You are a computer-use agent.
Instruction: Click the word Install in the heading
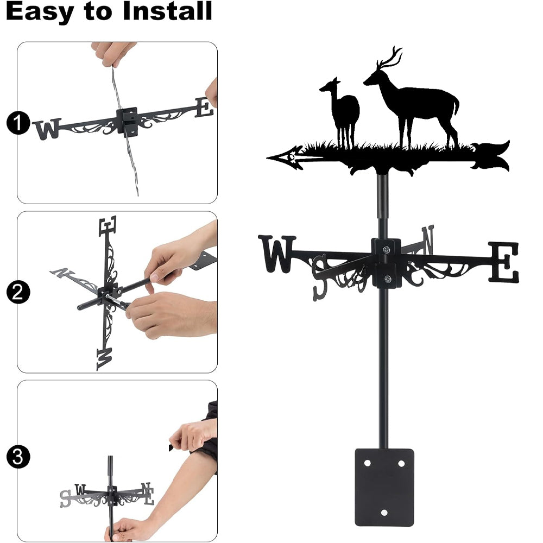[x=167, y=11]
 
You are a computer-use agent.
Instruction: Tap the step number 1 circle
[x=18, y=123]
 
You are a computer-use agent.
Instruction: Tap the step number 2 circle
[x=18, y=292]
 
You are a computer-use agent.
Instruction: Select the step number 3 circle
[x=18, y=457]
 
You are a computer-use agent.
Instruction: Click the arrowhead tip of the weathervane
[x=267, y=158]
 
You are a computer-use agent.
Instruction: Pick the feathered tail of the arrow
[x=490, y=156]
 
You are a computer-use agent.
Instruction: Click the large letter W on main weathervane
[x=277, y=254]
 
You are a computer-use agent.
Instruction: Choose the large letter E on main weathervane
[x=504, y=262]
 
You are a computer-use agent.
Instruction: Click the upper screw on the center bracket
[x=386, y=249]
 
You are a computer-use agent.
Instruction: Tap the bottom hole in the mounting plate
[x=384, y=513]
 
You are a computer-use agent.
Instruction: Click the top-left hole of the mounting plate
[x=368, y=463]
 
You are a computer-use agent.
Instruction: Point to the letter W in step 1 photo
[x=47, y=129]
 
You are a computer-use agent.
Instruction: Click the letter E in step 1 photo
[x=204, y=108]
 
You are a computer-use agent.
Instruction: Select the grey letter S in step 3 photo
[x=65, y=498]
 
